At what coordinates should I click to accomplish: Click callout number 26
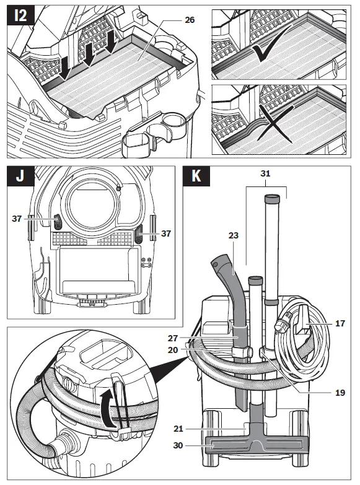coord(190,20)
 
